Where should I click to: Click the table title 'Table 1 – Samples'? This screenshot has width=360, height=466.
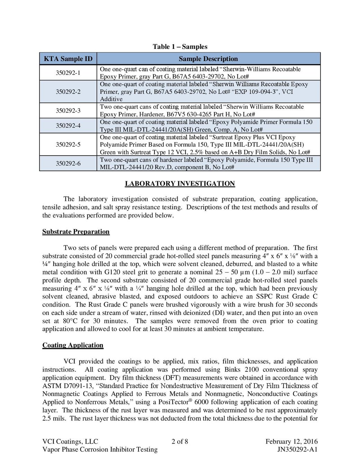click(x=180, y=47)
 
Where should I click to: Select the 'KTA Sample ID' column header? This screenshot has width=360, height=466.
click(x=68, y=59)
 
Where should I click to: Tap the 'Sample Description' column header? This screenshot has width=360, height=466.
click(x=208, y=59)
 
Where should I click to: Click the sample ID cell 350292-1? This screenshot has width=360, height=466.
click(x=68, y=73)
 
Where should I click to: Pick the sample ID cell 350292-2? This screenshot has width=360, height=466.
click(x=68, y=92)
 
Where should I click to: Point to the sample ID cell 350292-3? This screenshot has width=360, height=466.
click(x=68, y=111)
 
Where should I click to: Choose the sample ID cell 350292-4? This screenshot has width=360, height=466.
click(x=68, y=126)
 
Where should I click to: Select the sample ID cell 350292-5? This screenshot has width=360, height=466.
click(x=68, y=144)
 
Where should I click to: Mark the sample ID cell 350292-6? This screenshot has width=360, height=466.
click(x=68, y=164)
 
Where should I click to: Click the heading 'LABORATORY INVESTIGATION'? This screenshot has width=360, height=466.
click(x=180, y=184)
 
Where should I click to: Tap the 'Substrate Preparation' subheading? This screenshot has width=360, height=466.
click(x=76, y=232)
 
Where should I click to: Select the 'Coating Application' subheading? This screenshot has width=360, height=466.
click(x=73, y=345)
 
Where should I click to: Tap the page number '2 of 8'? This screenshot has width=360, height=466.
click(x=180, y=441)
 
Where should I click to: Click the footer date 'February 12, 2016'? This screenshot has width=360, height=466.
click(x=291, y=441)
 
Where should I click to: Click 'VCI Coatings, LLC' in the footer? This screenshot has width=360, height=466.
click(x=70, y=441)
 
